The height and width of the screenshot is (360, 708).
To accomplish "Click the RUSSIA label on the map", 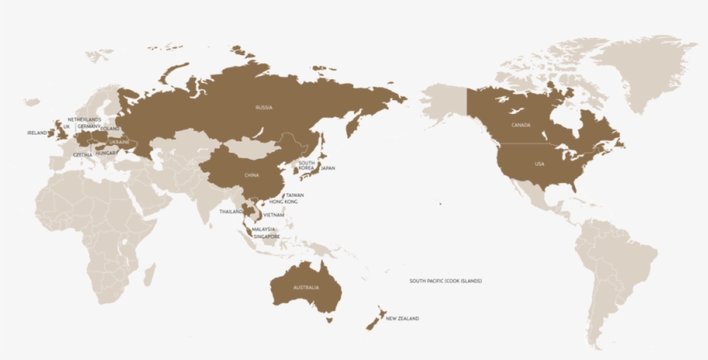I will pyautogui.click(x=264, y=108).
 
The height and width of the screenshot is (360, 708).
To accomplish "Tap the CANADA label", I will pyautogui.click(x=521, y=125).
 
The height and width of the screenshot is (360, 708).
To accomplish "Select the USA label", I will pyautogui.click(x=540, y=163).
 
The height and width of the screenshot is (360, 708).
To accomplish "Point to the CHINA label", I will pyautogui.click(x=251, y=175).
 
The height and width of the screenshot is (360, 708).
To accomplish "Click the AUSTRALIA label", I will pyautogui.click(x=307, y=287).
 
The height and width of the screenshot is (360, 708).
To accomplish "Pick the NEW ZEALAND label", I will pyautogui.click(x=402, y=319).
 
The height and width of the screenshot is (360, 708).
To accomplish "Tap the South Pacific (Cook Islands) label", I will pyautogui.click(x=446, y=281).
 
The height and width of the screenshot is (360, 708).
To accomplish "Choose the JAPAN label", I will pyautogui.click(x=328, y=168).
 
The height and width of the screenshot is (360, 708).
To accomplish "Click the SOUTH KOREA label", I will pyautogui.click(x=307, y=165).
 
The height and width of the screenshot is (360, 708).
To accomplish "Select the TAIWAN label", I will pyautogui.click(x=295, y=195).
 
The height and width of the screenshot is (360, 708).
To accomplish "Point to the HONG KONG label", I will pyautogui.click(x=284, y=202).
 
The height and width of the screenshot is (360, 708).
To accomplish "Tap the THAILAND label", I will pyautogui.click(x=231, y=212).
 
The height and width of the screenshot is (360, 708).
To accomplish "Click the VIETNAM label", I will pyautogui.click(x=274, y=214).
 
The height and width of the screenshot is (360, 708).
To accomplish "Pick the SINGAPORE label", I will pyautogui.click(x=267, y=237).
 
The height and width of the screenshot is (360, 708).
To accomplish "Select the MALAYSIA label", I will pyautogui.click(x=263, y=230).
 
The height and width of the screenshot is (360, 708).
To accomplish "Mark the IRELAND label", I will pyautogui.click(x=37, y=133).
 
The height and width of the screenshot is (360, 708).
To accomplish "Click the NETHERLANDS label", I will pyautogui.click(x=85, y=119).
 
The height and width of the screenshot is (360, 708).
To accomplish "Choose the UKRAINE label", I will pyautogui.click(x=119, y=142).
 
